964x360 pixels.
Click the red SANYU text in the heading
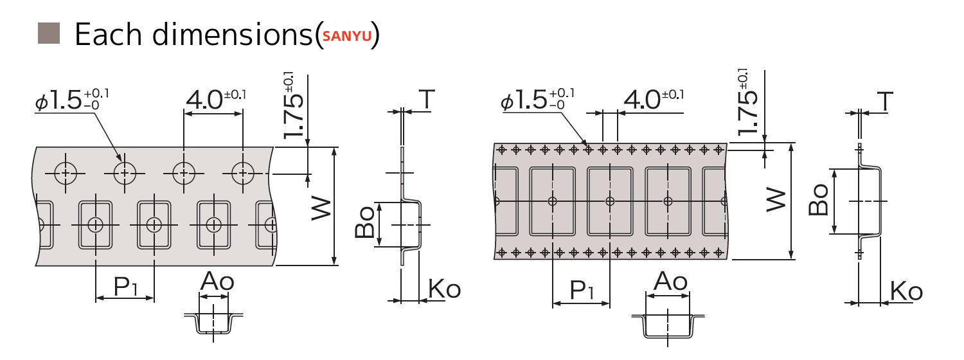(x=347, y=36)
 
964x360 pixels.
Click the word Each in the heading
(x=111, y=34)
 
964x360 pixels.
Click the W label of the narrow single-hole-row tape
(x=321, y=207)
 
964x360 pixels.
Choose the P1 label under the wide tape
(x=582, y=291)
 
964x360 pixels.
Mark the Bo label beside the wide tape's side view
(x=819, y=201)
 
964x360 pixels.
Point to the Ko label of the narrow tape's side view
(x=444, y=289)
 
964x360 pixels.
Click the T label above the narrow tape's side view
(x=427, y=99)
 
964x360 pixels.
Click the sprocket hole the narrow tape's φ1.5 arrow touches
(x=125, y=172)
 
